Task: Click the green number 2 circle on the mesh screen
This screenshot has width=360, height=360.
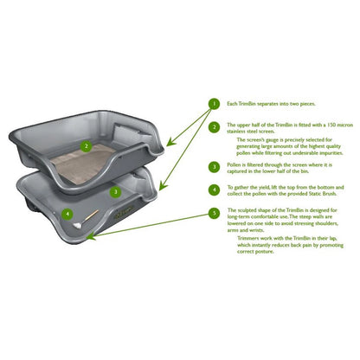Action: pos(85,146)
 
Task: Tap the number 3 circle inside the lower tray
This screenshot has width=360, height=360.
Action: pos(114,191)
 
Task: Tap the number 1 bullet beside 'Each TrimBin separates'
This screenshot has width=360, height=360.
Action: pos(213,104)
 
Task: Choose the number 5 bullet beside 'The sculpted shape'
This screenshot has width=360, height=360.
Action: pos(213,213)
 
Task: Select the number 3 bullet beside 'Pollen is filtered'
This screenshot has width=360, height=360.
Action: pos(213,166)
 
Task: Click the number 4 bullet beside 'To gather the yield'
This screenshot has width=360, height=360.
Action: pos(213,189)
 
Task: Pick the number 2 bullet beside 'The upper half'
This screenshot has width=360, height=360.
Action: pos(213,126)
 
